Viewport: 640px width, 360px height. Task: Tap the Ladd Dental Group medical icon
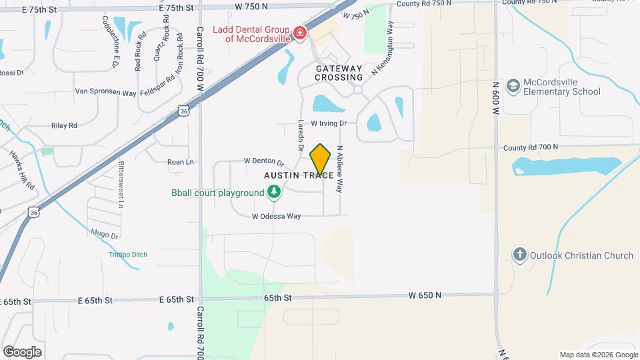(x=299, y=32)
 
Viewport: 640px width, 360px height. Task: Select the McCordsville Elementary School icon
(x=513, y=85)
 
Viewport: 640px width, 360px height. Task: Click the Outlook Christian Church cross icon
(x=520, y=255)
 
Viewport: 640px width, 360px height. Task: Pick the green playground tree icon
(x=273, y=193)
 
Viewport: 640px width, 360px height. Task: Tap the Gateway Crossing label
(x=339, y=73)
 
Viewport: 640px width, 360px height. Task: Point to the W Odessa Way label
(x=276, y=216)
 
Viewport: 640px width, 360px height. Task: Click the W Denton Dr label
(x=264, y=161)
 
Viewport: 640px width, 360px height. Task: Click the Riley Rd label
(x=64, y=125)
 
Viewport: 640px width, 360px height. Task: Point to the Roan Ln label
(x=180, y=162)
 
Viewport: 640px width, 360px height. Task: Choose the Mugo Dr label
(x=105, y=235)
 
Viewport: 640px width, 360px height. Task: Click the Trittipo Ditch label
(x=128, y=255)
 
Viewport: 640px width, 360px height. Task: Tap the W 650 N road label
(x=426, y=295)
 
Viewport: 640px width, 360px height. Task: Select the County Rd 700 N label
(x=531, y=147)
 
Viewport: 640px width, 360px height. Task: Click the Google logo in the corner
(x=22, y=352)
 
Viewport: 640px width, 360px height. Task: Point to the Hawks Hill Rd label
(x=22, y=171)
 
